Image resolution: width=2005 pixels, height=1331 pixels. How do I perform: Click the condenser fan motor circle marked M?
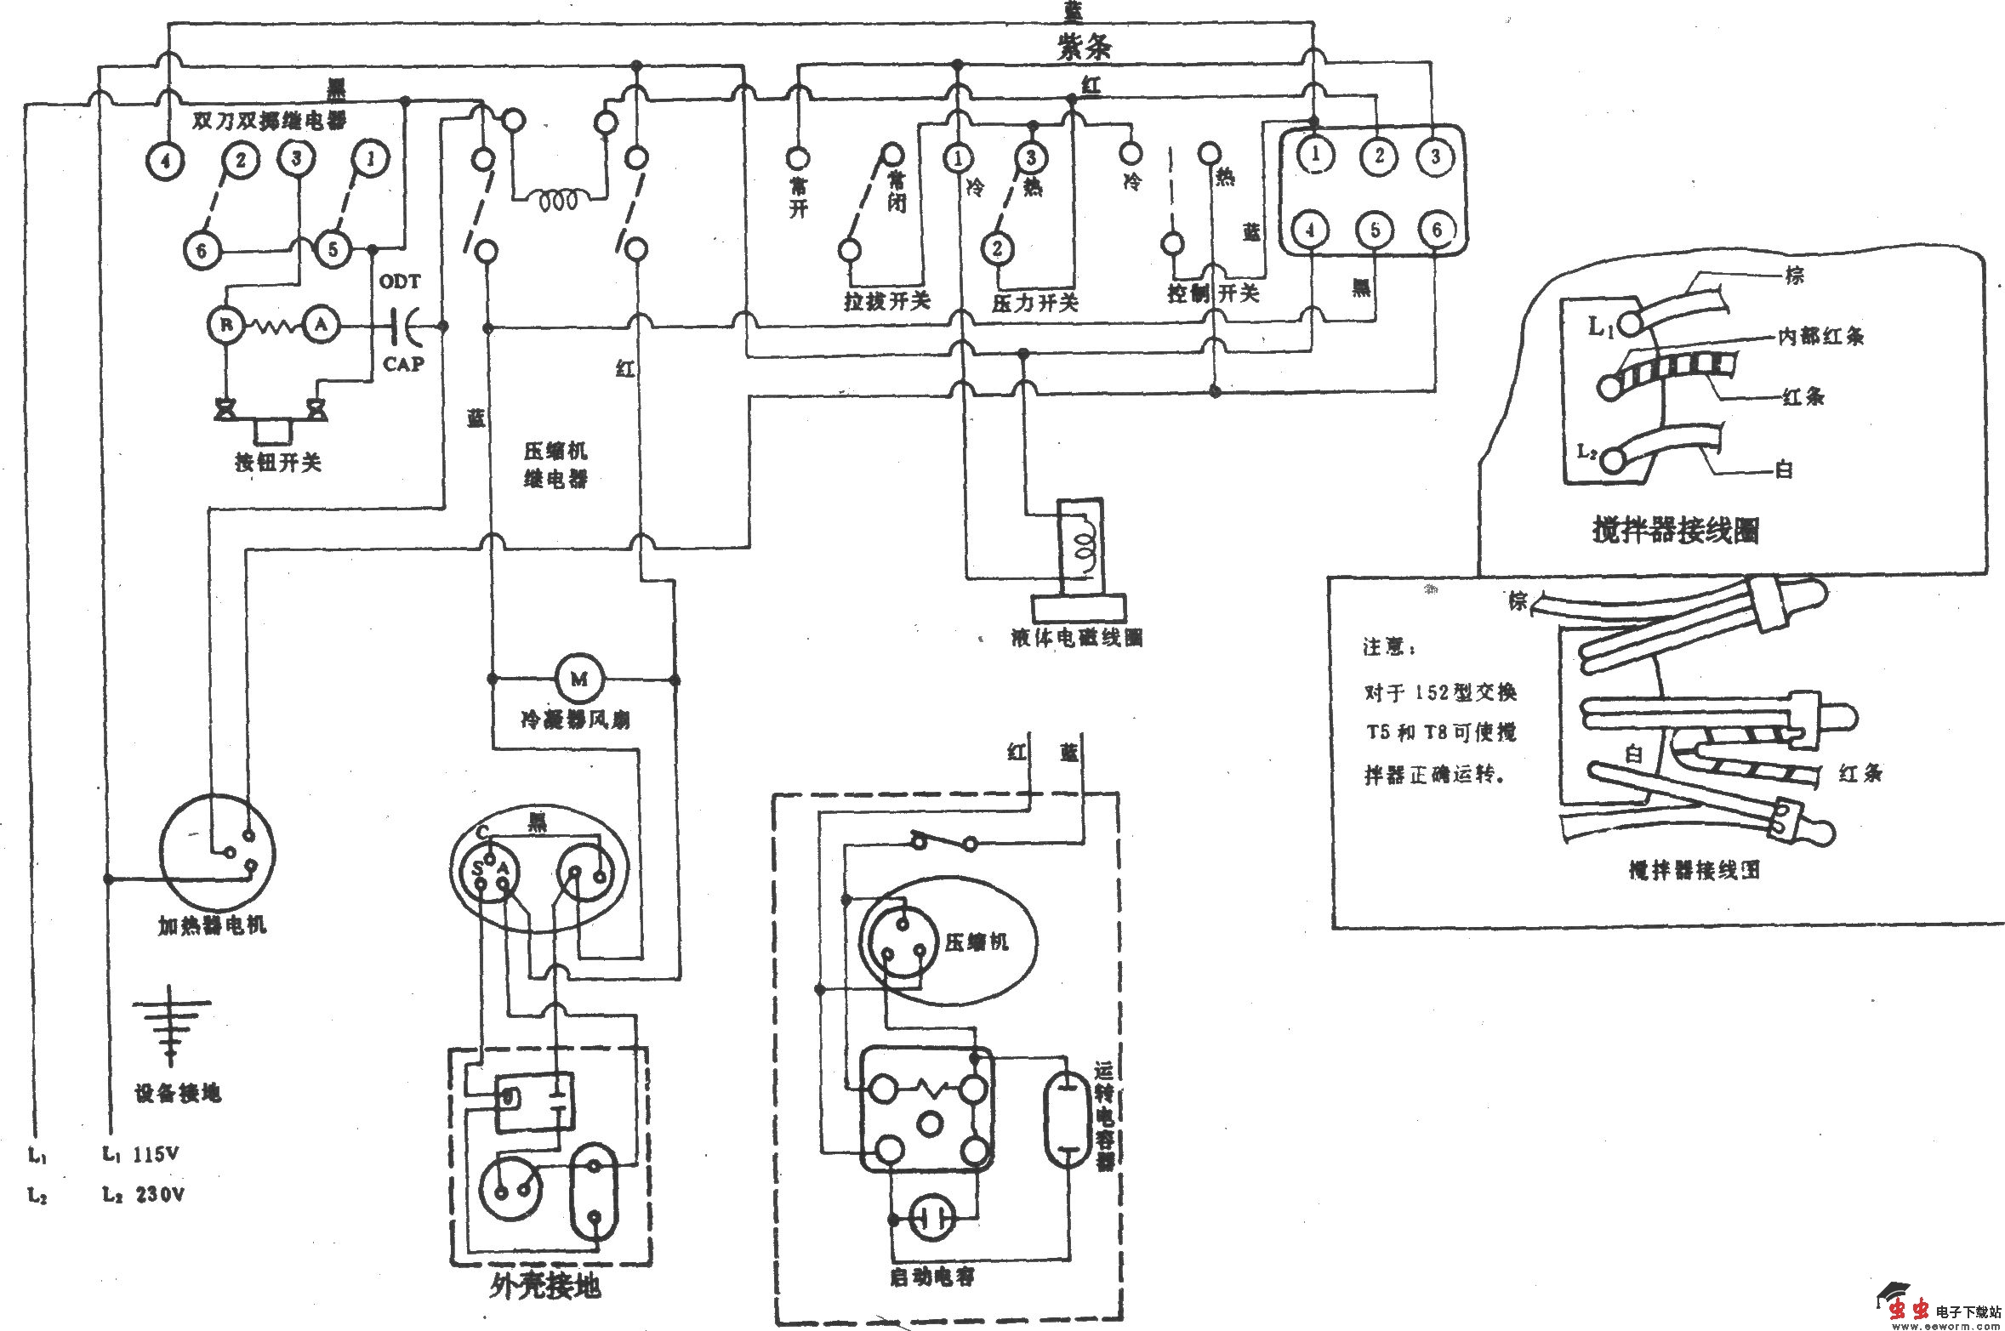click(x=579, y=679)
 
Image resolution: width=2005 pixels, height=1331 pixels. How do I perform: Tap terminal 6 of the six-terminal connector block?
click(x=1437, y=230)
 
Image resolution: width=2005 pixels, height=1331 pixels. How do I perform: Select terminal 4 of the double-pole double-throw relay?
click(x=166, y=161)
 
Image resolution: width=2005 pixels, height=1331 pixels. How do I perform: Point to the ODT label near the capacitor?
click(x=400, y=282)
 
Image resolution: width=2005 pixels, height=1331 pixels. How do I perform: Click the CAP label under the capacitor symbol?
click(x=403, y=364)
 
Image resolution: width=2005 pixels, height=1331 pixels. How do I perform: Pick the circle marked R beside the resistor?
click(x=226, y=324)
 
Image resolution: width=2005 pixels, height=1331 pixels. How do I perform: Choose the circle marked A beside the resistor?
click(x=321, y=324)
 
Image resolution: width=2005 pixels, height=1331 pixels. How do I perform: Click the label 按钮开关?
click(x=278, y=463)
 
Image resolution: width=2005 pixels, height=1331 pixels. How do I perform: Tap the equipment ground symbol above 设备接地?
click(x=172, y=1024)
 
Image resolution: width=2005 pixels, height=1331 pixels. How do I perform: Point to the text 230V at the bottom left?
click(x=159, y=1194)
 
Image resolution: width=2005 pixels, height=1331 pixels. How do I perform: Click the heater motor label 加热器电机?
click(x=212, y=925)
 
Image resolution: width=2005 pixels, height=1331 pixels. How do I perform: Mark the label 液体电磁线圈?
click(x=1076, y=637)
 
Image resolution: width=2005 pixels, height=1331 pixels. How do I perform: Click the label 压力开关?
click(x=1034, y=302)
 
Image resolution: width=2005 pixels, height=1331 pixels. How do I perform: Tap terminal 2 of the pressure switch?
click(x=998, y=248)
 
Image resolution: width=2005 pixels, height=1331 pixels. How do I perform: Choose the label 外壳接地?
click(x=545, y=1285)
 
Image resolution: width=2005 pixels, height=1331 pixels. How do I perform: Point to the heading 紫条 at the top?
click(x=1084, y=47)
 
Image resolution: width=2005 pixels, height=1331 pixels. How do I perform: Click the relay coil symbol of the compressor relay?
click(x=558, y=202)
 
